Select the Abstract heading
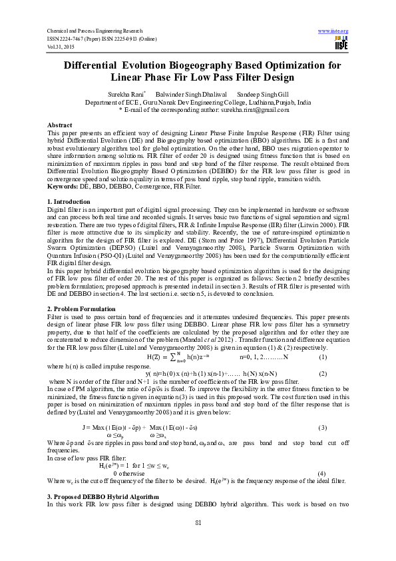click(x=60, y=125)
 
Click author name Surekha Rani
click(x=132, y=95)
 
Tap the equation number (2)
click(x=322, y=373)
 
